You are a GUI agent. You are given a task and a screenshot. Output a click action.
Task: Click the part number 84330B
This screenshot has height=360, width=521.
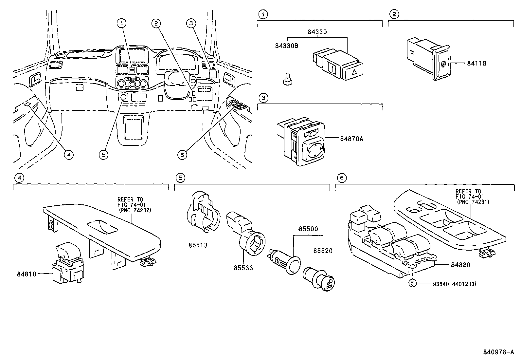(x=286, y=46)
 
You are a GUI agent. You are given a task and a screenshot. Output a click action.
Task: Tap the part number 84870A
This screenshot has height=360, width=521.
(x=351, y=139)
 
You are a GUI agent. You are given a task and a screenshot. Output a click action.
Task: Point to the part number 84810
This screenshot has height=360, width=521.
(x=27, y=274)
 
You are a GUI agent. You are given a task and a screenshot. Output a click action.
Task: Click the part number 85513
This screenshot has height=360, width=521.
(x=198, y=245)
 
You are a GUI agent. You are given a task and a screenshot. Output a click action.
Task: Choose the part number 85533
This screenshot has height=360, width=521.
(x=243, y=268)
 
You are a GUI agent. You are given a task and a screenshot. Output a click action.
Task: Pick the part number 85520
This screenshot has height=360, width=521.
(x=323, y=251)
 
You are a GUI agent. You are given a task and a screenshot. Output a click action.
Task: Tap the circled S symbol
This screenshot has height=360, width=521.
(x=413, y=284)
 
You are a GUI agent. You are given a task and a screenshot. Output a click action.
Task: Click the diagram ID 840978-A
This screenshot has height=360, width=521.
(x=499, y=352)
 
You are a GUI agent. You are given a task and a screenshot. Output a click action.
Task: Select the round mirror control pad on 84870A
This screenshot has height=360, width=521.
(x=314, y=150)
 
